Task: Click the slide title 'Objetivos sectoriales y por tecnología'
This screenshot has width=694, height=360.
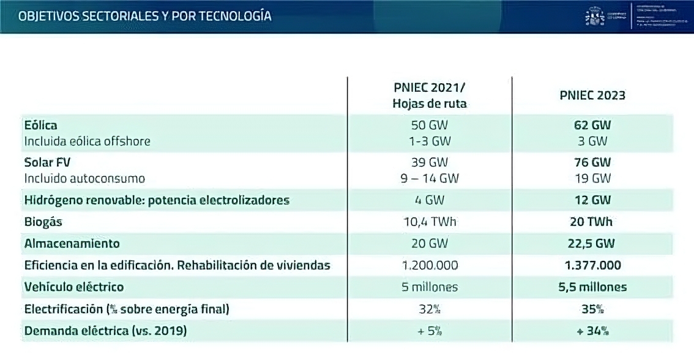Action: (145, 16)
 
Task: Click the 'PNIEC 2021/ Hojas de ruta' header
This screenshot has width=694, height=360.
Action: (430, 96)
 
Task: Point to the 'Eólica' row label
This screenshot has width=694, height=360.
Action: (41, 125)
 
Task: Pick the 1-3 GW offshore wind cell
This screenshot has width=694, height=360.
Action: (430, 141)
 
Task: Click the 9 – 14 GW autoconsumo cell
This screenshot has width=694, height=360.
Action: (430, 178)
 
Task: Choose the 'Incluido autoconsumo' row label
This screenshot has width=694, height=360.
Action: (84, 178)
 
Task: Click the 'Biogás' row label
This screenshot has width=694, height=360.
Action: (43, 222)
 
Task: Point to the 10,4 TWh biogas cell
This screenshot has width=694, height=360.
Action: (430, 222)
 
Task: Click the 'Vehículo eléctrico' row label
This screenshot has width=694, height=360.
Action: (74, 287)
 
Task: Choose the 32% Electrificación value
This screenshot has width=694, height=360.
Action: (430, 309)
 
